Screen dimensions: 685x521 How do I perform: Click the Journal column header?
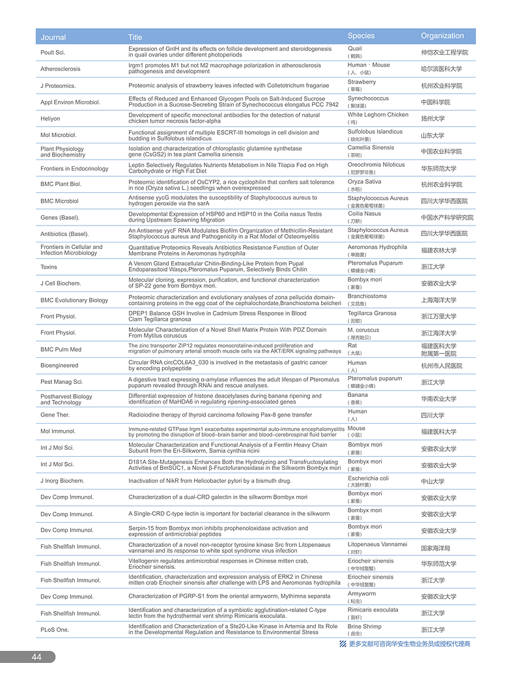[53, 37]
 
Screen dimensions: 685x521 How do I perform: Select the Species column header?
[361, 36]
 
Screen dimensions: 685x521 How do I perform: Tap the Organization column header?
[442, 36]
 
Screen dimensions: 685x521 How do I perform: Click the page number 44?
[36, 657]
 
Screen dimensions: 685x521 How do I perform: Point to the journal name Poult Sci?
[53, 52]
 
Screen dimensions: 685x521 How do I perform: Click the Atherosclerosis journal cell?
[61, 68]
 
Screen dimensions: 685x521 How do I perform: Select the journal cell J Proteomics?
[58, 85]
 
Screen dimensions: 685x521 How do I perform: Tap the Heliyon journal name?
[50, 119]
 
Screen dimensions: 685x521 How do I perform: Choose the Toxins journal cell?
[49, 267]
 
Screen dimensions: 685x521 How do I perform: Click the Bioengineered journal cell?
[59, 366]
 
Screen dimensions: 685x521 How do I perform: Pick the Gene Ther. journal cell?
[55, 415]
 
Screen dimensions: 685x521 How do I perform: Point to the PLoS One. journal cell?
[54, 630]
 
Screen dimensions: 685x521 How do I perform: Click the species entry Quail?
[355, 49]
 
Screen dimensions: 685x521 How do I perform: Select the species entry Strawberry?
[361, 82]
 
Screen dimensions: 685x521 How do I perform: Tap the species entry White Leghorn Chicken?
[378, 115]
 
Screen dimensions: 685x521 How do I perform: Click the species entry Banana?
[358, 395]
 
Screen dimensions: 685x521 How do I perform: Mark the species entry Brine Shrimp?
[365, 626]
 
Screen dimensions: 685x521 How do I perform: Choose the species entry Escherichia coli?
[369, 478]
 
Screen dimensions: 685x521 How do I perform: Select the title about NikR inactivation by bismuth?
[210, 481]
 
